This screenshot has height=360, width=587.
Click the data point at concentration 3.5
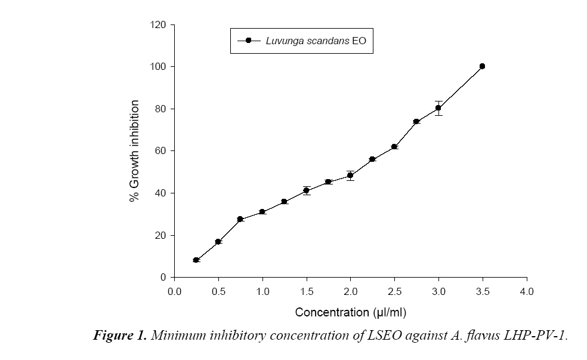[482, 66]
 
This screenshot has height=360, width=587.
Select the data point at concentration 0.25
[196, 260]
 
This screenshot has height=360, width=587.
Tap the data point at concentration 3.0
[438, 108]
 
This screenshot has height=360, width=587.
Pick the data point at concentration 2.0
[350, 176]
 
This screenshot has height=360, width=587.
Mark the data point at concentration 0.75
[240, 219]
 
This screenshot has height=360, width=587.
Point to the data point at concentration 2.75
[416, 121]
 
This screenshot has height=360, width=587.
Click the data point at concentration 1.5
[307, 190]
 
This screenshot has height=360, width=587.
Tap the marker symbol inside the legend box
[248, 41]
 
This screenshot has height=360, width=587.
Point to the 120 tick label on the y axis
[159, 24]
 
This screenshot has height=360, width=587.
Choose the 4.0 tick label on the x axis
[526, 292]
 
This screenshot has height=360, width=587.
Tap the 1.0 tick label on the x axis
[262, 292]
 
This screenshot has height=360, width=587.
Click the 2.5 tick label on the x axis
[394, 292]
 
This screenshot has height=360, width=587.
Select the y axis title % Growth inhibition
[135, 151]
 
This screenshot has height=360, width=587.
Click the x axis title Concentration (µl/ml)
[351, 312]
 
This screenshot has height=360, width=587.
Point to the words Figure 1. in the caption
[119, 336]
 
